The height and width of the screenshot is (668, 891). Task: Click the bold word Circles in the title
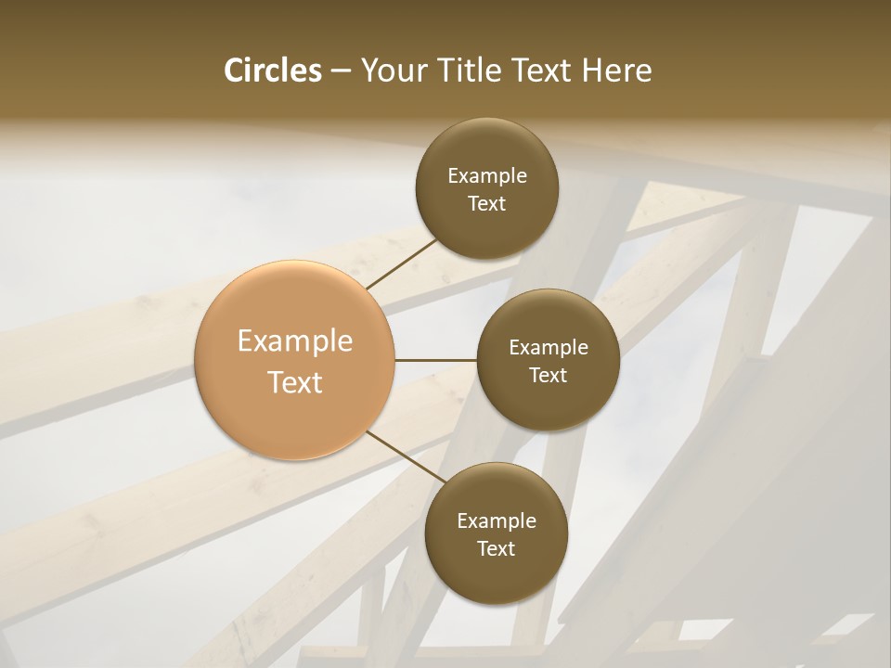[x=272, y=71]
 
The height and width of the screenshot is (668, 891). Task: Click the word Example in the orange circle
[x=295, y=341]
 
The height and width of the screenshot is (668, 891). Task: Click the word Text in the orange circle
[x=295, y=382]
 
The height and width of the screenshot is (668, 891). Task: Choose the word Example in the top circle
[x=486, y=176]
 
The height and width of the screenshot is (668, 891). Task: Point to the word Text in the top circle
[x=486, y=204]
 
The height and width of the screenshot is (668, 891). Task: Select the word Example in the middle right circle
[x=548, y=348]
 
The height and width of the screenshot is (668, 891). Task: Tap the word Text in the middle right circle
[x=548, y=376]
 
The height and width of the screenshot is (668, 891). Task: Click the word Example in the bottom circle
[x=496, y=521]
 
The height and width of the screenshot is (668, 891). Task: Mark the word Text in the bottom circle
[x=496, y=549]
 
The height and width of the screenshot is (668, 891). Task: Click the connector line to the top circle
[x=402, y=263]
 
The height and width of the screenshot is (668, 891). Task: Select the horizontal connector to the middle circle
[x=436, y=360]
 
